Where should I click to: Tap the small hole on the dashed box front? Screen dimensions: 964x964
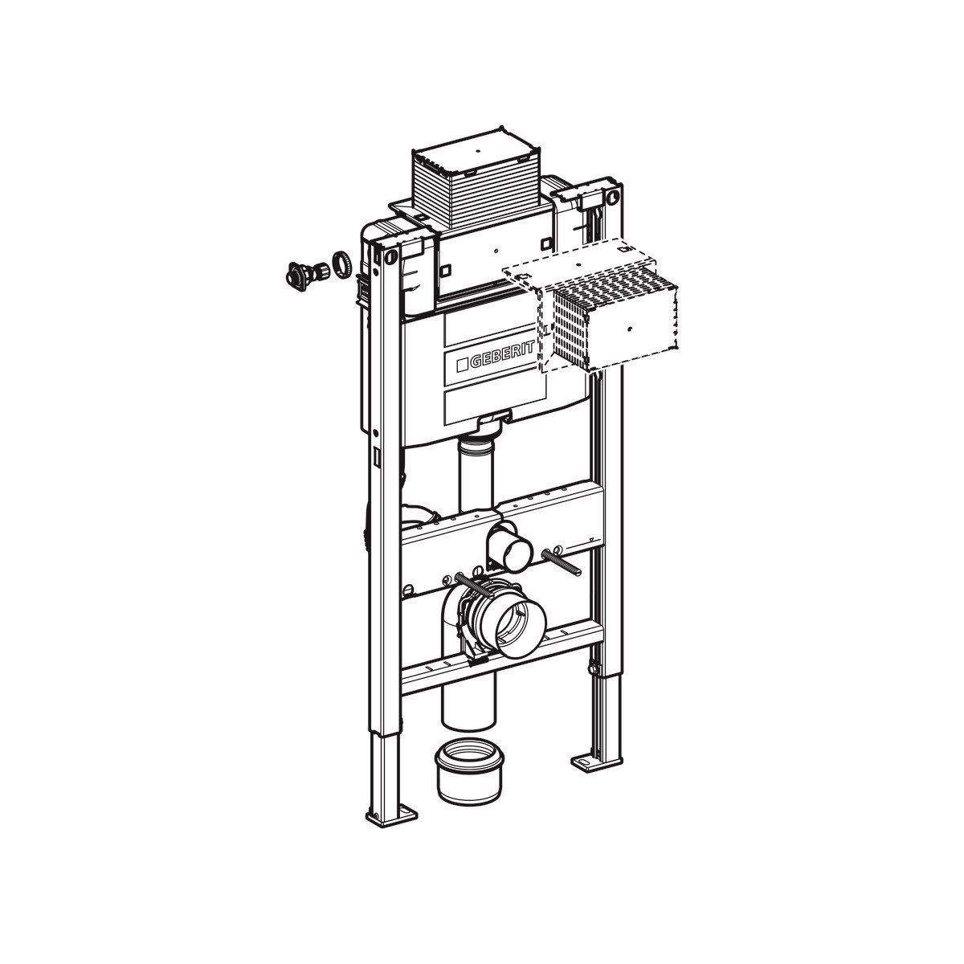630,329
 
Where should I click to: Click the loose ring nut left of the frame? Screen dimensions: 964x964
340,263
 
